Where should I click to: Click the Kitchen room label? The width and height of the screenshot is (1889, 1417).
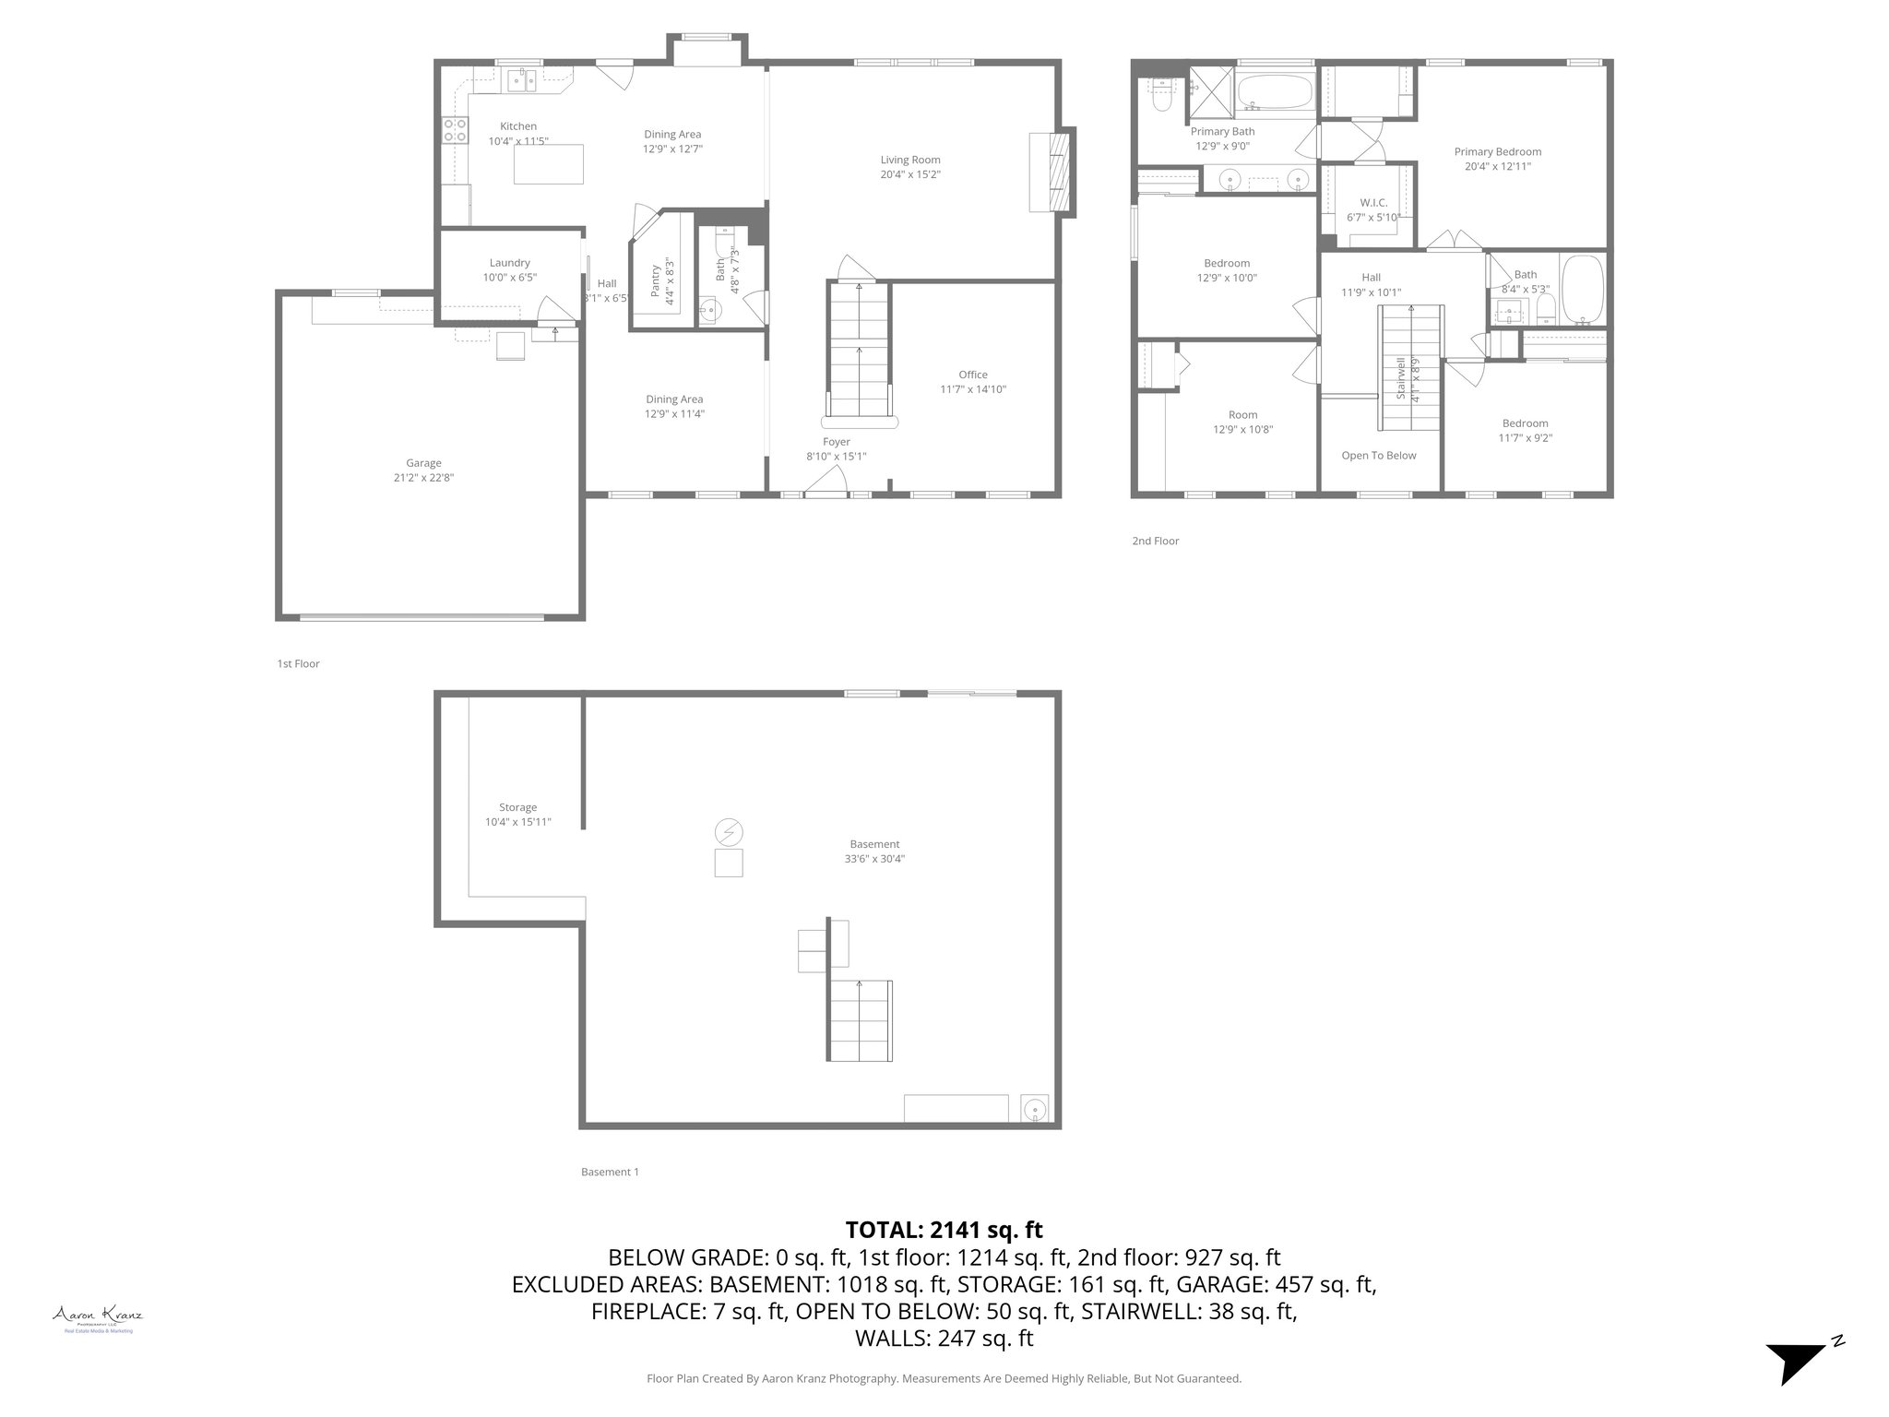tap(517, 126)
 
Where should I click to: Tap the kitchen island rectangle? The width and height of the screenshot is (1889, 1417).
tap(548, 164)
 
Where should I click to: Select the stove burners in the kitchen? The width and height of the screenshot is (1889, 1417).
tap(455, 129)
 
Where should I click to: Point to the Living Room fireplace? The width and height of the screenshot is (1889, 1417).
tap(1055, 173)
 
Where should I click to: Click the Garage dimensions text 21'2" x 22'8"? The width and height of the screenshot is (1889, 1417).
tap(423, 478)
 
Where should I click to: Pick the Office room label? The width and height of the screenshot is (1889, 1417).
tap(972, 375)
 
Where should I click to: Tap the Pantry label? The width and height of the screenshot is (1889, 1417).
tap(657, 280)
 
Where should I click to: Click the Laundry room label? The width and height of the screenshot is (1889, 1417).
tap(509, 263)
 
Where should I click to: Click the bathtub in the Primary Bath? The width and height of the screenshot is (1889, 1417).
tap(1274, 93)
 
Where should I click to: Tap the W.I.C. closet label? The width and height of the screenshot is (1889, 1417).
tap(1373, 203)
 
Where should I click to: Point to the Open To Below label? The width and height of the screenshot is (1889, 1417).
tap(1378, 456)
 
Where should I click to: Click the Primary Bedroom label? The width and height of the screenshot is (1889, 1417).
tap(1497, 152)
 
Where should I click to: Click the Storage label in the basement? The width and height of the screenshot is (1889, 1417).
tap(517, 807)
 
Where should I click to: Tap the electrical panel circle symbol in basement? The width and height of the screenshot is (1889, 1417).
tap(729, 832)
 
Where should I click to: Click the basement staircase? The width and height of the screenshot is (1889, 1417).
tap(860, 1020)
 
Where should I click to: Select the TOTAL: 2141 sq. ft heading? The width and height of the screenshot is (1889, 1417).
tap(944, 1230)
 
